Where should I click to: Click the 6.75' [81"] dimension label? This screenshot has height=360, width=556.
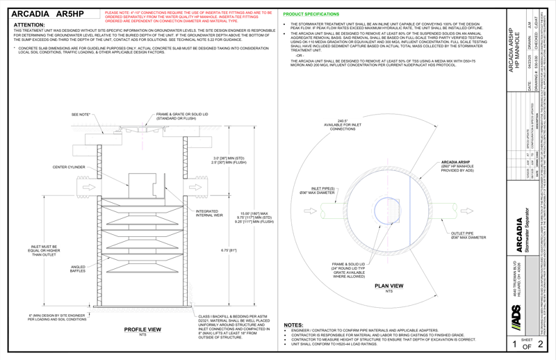pos(227,251)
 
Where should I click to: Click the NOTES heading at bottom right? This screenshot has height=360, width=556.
pos(293,325)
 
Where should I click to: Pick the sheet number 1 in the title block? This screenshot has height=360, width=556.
pos(514,344)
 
